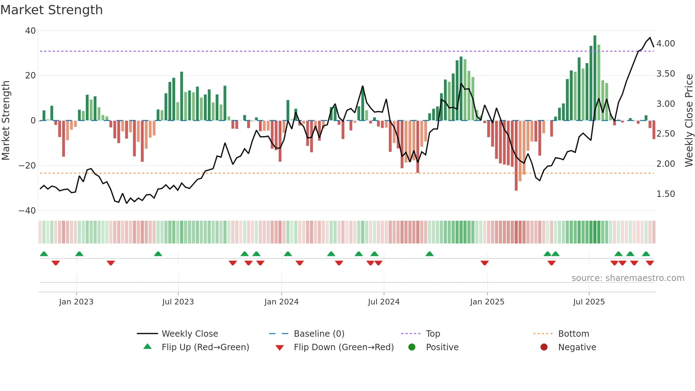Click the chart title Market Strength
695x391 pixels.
(51, 10)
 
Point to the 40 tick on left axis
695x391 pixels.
(30, 31)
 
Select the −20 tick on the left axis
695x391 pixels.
(27, 166)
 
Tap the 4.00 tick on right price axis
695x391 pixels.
(666, 44)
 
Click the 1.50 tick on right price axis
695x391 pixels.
(666, 194)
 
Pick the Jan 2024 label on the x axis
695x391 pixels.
(282, 302)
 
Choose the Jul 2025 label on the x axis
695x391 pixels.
(589, 302)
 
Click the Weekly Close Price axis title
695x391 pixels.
(689, 120)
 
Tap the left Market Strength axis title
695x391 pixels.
(6, 120)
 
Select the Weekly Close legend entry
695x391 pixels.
(190, 334)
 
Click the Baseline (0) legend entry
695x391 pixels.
(319, 334)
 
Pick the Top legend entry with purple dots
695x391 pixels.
(433, 334)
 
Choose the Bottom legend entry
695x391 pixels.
(573, 334)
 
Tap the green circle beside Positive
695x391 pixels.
(412, 347)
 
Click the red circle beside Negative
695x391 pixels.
(544, 347)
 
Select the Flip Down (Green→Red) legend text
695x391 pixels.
(344, 347)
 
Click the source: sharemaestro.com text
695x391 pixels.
(628, 278)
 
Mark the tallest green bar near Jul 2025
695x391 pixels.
(595, 78)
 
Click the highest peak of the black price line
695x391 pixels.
(650, 38)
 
